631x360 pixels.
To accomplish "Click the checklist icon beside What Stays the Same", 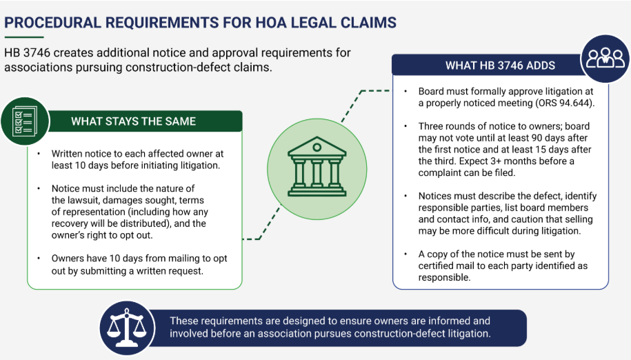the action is (x=25, y=121).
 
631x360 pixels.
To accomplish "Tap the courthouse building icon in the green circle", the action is (x=317, y=166).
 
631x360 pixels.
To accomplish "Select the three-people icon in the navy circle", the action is (x=605, y=58).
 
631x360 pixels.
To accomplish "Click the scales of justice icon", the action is (x=127, y=328).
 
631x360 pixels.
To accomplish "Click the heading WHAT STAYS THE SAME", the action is (x=133, y=121).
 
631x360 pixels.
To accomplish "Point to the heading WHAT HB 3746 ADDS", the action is (x=500, y=66).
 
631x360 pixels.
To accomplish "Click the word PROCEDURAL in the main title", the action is (x=52, y=23).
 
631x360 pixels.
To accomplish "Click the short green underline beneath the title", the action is (x=23, y=37).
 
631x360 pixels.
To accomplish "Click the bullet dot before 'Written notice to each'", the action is (x=39, y=154).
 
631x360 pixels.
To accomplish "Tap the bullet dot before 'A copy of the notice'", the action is (x=405, y=254).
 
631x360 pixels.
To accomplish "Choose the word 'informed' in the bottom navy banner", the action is (x=446, y=321).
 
